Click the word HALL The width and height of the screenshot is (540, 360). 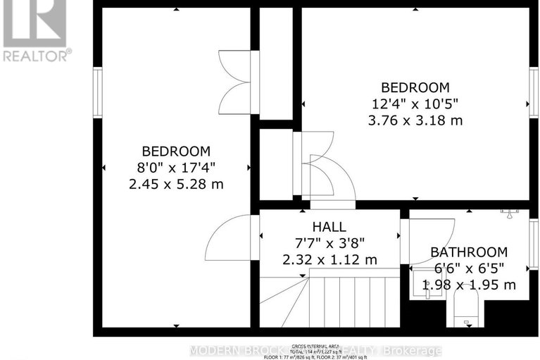[x=329, y=227]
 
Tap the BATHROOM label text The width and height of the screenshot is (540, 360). [x=469, y=252]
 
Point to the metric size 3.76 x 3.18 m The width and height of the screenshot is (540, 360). [x=415, y=120]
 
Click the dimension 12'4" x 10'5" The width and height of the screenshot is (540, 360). [x=415, y=104]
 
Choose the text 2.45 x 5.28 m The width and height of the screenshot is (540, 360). [x=176, y=184]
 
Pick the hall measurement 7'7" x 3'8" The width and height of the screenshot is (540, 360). [x=329, y=243]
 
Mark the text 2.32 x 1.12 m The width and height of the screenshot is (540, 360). [x=329, y=259]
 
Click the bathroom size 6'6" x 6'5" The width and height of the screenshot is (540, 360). [x=469, y=268]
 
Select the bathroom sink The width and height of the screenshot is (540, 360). [x=428, y=285]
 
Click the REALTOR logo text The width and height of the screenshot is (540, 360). [x=37, y=54]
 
